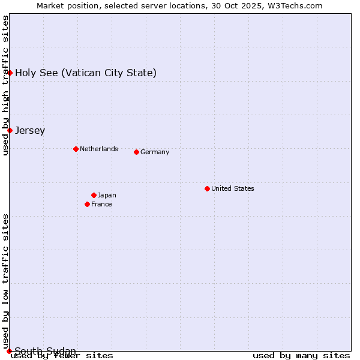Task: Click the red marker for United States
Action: tap(207, 188)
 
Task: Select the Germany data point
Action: tap(136, 152)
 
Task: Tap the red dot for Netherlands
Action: tap(76, 149)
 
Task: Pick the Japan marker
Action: tap(94, 195)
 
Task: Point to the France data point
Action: tap(87, 204)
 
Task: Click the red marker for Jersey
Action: tap(10, 130)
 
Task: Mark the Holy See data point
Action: tap(10, 73)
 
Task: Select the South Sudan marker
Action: tap(9, 351)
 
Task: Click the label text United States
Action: tap(233, 188)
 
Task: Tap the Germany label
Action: tap(155, 152)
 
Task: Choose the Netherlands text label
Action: tap(99, 149)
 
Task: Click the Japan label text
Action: tap(107, 195)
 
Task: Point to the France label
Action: tap(101, 204)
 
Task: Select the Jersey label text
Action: tap(30, 130)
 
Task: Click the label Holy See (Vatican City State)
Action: tap(86, 73)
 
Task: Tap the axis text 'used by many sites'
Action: tap(301, 355)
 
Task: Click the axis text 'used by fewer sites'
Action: tap(62, 355)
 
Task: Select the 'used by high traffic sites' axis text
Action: tap(5, 85)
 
